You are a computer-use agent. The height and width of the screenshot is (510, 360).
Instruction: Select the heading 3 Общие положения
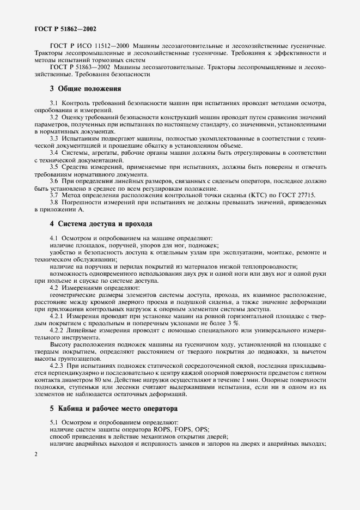tap(85, 88)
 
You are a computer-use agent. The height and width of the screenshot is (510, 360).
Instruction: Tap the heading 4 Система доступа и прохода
tap(101, 223)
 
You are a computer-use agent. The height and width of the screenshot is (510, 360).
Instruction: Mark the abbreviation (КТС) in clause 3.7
tap(236, 195)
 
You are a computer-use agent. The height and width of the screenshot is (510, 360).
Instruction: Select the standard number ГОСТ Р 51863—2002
tap(81, 66)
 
